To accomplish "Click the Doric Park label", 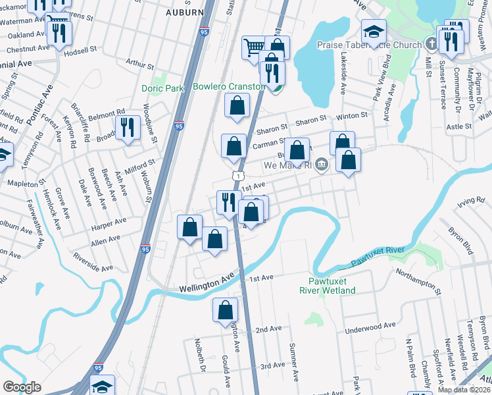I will click(162, 88).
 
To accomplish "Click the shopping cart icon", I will click(254, 47).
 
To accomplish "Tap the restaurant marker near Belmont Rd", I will click(128, 128).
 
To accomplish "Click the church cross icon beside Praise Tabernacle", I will click(431, 44).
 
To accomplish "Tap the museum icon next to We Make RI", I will click(321, 165).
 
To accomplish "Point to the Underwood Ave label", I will click(372, 325).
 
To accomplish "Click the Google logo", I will click(22, 387).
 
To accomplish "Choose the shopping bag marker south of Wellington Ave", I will click(225, 310).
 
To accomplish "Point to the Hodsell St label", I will click(80, 49).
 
